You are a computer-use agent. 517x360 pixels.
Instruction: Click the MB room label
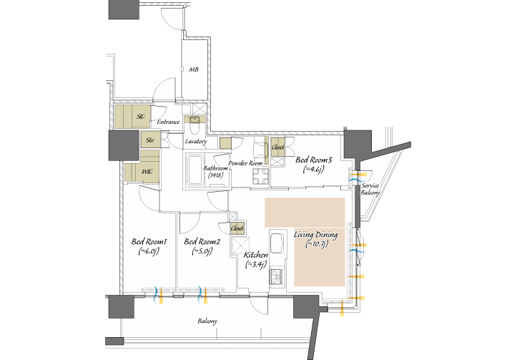click(x=194, y=69)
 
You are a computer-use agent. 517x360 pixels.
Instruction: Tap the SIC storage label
click(x=141, y=117)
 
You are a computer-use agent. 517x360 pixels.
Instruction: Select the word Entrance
click(x=168, y=122)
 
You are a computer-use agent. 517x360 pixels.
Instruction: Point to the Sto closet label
click(x=149, y=140)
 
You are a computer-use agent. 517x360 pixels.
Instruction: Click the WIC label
click(x=147, y=172)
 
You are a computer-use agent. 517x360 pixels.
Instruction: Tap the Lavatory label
click(x=196, y=141)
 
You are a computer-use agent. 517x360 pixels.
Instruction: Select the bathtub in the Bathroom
click(x=195, y=170)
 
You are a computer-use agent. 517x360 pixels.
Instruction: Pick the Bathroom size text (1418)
click(x=216, y=175)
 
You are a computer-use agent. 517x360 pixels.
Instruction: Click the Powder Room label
click(x=246, y=163)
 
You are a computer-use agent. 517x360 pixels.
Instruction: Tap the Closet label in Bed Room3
click(x=277, y=147)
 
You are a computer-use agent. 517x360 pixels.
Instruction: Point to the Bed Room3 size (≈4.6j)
click(x=314, y=170)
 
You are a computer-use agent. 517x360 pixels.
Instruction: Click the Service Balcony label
click(x=370, y=189)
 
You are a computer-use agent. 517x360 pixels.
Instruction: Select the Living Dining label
click(x=316, y=235)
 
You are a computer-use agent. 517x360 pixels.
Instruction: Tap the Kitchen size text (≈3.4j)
click(x=256, y=264)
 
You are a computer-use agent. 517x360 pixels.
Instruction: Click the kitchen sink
click(x=277, y=243)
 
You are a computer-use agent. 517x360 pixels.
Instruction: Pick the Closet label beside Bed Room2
click(x=237, y=228)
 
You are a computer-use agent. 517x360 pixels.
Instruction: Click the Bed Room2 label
click(x=202, y=242)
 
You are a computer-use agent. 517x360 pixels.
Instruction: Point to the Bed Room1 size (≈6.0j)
click(x=149, y=251)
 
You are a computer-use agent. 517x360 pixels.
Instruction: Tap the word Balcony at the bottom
click(x=207, y=321)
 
